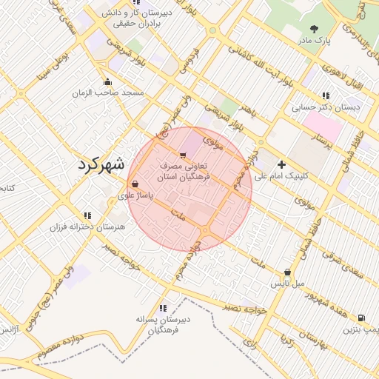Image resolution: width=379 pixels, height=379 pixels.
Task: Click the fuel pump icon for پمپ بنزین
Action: click(x=360, y=316)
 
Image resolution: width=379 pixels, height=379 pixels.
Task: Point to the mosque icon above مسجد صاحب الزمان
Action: click(x=108, y=82)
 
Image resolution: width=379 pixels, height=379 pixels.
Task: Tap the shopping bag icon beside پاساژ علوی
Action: click(x=134, y=184)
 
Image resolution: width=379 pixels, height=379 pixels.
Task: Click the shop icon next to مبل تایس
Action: click(x=287, y=272)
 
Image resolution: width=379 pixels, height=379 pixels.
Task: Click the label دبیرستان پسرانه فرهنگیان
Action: click(x=163, y=323)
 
